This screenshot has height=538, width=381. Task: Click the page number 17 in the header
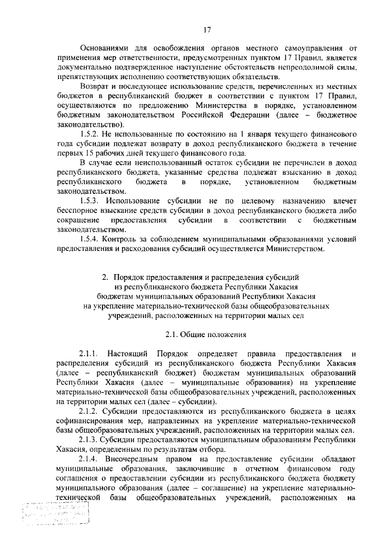point(206,29)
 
